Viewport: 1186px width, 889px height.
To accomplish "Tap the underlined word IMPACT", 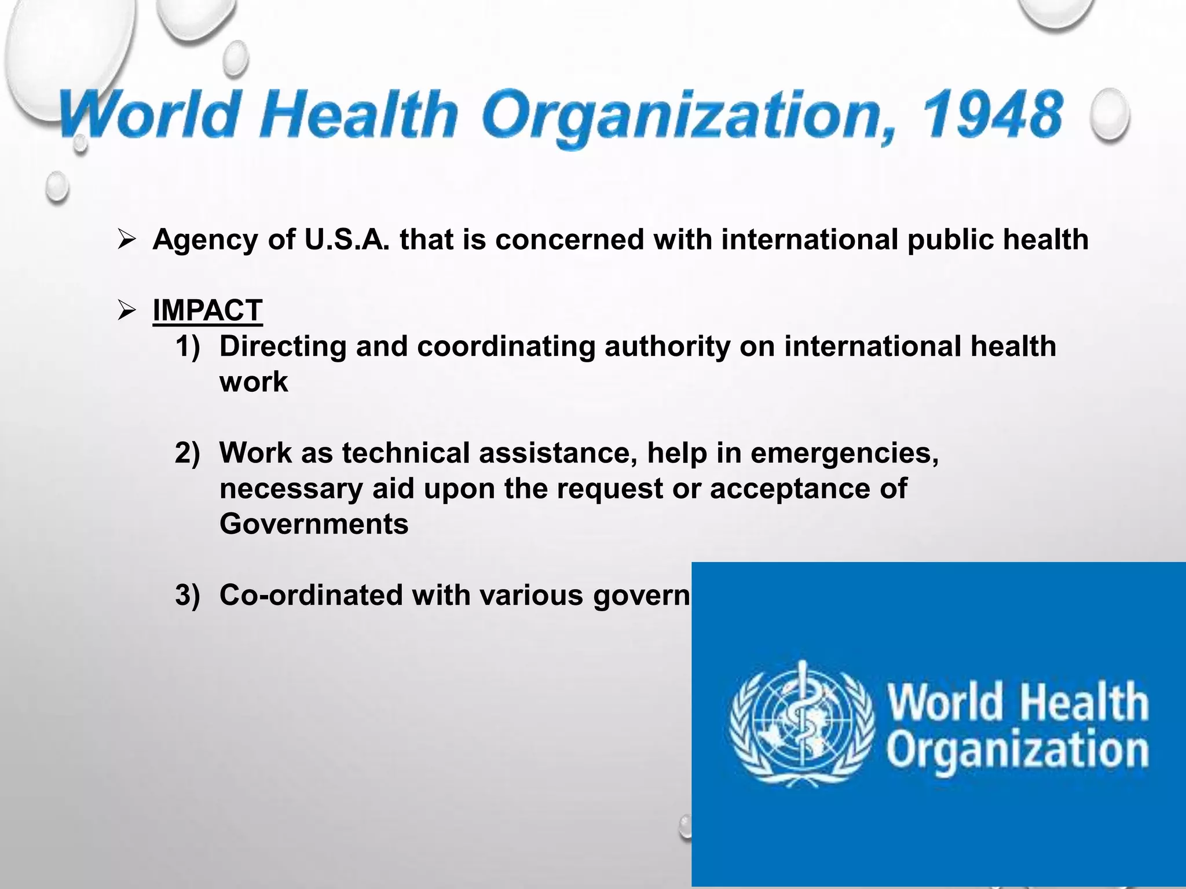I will (207, 310).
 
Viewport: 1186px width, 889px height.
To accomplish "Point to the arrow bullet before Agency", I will (126, 240).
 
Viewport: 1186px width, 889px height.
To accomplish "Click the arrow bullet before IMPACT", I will (126, 311).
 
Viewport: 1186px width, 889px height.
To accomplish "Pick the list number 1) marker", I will (187, 346).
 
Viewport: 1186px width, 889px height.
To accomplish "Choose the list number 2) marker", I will (187, 453).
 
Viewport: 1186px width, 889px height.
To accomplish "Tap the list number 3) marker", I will (187, 595).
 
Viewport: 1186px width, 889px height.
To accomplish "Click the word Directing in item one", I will (283, 347).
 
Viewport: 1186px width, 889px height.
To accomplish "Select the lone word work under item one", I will (254, 382).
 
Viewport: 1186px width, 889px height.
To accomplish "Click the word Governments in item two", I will (314, 524).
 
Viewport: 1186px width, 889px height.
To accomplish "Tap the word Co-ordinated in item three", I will (311, 595).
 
